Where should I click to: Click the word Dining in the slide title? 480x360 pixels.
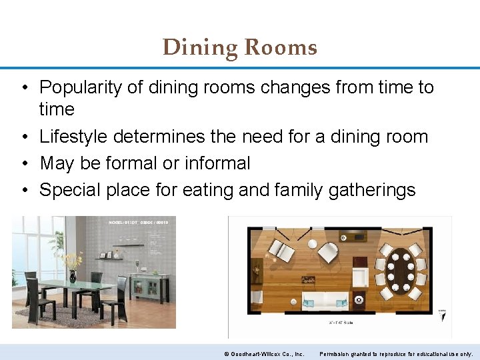tap(201, 48)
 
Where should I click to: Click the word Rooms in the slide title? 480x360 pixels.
tap(281, 48)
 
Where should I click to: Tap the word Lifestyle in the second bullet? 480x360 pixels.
tap(74, 137)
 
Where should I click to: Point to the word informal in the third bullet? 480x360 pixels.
tap(218, 163)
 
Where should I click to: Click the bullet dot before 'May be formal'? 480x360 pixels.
tap(23, 164)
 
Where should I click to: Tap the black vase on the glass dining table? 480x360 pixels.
tap(73, 275)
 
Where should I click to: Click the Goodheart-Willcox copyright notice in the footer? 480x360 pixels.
tap(264, 353)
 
